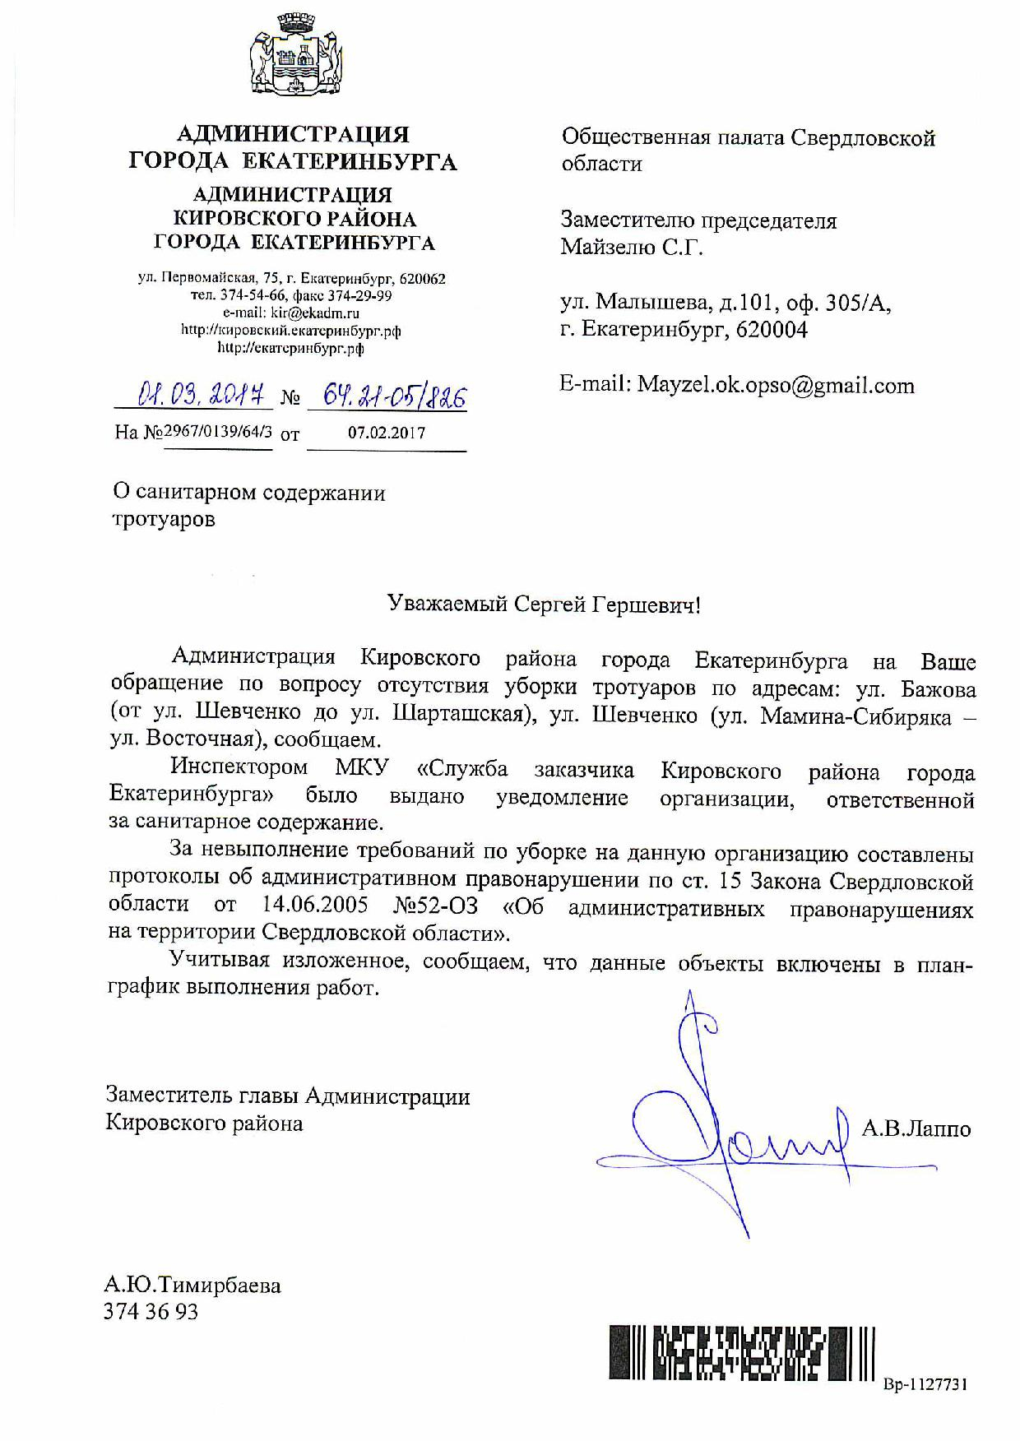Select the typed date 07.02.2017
(x=387, y=433)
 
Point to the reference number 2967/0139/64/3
(x=218, y=432)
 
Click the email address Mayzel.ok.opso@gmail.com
(x=776, y=386)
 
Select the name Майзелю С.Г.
(x=632, y=247)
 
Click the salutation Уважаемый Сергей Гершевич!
(x=545, y=605)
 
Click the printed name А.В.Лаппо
(x=916, y=1128)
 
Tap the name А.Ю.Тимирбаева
(x=193, y=1285)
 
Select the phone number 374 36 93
(x=151, y=1311)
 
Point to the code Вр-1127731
(x=925, y=1385)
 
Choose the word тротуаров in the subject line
(x=164, y=520)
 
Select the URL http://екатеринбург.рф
(x=291, y=348)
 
